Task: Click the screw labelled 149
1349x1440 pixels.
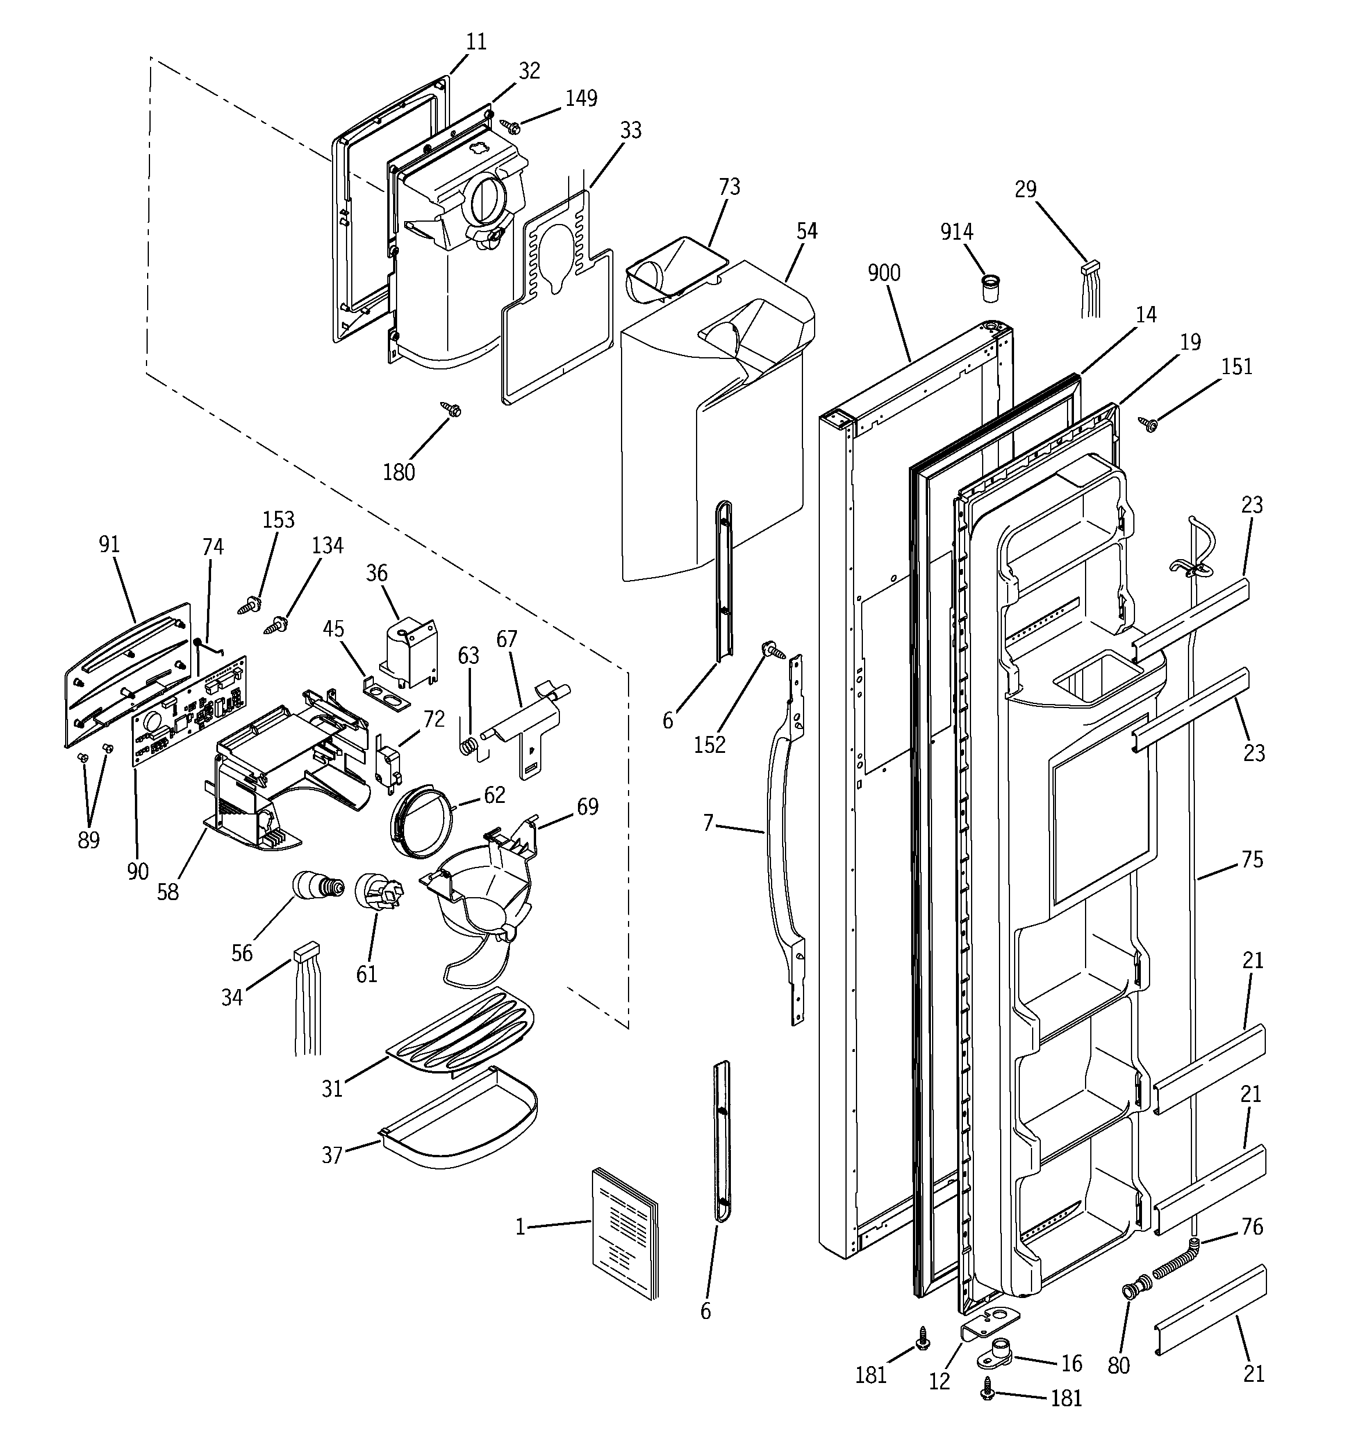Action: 511,127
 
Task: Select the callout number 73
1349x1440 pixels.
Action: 729,187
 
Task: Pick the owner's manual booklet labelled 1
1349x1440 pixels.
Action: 624,1231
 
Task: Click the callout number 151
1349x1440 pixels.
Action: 1237,367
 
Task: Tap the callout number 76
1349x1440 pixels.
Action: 1252,1226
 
